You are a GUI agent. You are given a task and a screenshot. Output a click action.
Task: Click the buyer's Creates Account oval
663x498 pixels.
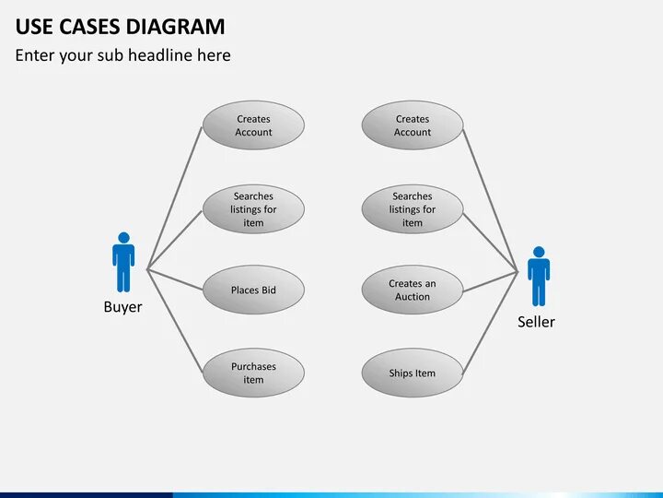(x=253, y=125)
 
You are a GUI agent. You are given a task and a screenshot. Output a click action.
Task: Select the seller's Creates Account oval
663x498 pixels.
(x=412, y=125)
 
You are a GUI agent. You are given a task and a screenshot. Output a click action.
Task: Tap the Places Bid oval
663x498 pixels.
(x=253, y=290)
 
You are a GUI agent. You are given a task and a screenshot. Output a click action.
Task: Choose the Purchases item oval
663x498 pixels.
(x=253, y=373)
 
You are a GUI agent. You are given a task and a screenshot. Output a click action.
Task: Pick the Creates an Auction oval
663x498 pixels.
(x=412, y=290)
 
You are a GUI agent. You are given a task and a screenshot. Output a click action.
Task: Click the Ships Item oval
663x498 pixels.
(x=412, y=373)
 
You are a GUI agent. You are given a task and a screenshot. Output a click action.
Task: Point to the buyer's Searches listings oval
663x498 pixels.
(x=253, y=208)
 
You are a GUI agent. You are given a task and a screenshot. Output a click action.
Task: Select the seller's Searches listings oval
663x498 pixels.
(x=412, y=208)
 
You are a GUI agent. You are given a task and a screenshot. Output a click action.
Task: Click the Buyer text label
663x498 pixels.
(x=122, y=307)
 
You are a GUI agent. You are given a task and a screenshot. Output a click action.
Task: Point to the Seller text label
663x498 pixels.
(x=536, y=322)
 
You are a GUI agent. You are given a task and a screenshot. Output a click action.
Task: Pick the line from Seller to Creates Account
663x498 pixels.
(x=490, y=199)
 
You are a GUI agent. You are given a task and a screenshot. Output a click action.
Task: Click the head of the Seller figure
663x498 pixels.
(x=539, y=252)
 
